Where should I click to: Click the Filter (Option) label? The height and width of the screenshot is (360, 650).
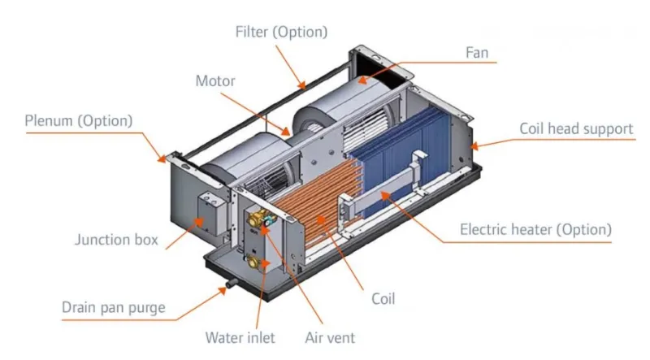(x=281, y=33)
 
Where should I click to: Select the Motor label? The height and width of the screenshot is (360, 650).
(x=214, y=81)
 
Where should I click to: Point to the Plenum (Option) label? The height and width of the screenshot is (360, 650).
(x=78, y=121)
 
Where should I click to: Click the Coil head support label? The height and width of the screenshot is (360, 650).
(x=576, y=129)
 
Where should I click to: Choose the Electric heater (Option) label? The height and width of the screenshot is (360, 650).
(x=535, y=229)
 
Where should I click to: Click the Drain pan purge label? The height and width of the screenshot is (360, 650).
(x=114, y=308)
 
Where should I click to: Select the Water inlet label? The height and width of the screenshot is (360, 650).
(x=240, y=336)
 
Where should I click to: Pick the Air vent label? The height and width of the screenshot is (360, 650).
(x=330, y=336)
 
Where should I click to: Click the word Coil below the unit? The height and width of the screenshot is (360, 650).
(x=383, y=298)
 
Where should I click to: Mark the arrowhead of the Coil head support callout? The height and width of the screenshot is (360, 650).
(x=474, y=147)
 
